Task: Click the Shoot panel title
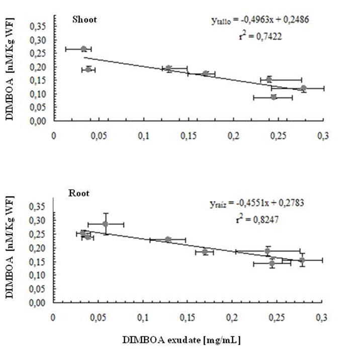84,20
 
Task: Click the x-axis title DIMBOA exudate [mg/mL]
181,340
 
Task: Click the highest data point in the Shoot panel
84,49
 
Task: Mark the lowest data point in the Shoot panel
274,97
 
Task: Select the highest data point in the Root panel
105,224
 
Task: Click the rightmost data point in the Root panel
302,260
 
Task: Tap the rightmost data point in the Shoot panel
303,88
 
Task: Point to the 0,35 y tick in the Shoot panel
38,26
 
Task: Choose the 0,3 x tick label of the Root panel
321,317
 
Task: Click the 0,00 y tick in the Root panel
38,303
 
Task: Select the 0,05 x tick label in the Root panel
99,317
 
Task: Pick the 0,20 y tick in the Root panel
38,248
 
